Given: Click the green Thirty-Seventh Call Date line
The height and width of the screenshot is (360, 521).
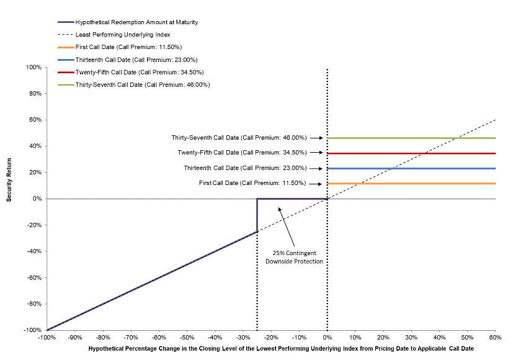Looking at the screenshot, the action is tap(411, 138).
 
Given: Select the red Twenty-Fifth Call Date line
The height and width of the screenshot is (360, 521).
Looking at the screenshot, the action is tap(411, 153).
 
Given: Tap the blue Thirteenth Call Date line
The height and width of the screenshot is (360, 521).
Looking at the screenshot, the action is tap(411, 169).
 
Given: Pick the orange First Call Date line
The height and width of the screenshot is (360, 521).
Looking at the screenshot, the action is tap(411, 184).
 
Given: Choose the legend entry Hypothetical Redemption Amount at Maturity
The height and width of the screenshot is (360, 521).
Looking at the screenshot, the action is tap(128, 22).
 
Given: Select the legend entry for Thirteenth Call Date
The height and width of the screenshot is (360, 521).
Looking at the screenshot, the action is tap(128, 60).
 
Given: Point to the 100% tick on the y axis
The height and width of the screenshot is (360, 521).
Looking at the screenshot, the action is tap(34, 67).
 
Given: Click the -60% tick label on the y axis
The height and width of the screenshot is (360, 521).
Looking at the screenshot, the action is tap(34, 277).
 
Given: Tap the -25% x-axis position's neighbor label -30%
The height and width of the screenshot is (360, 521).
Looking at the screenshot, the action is tap(243, 338).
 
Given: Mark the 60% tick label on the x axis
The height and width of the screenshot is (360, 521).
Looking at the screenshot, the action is tap(495, 338).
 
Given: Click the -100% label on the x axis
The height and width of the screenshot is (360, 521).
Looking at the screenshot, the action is tap(47, 338).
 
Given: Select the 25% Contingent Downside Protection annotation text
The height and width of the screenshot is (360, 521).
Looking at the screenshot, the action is tap(295, 258).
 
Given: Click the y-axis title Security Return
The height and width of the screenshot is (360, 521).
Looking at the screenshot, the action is tap(9, 180).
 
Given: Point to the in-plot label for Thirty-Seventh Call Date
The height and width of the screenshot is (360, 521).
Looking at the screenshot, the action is tap(239, 138).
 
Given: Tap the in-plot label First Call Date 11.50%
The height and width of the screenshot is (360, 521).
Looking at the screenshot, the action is tap(252, 183).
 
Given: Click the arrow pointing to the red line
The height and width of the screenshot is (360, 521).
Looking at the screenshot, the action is tap(316, 153).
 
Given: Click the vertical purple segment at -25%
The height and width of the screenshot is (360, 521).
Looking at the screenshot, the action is tap(257, 215).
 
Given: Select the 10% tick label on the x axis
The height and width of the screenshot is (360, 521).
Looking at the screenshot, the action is tap(355, 338).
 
